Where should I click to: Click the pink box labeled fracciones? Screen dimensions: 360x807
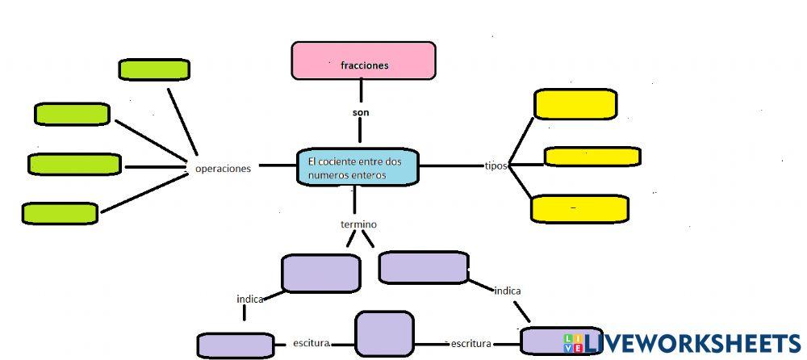[x=363, y=61]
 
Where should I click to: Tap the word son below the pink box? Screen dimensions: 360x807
[x=360, y=112]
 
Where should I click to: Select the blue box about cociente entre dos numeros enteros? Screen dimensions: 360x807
[x=358, y=167]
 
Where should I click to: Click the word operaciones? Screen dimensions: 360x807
[x=223, y=169]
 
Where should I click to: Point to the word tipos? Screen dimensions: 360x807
[x=495, y=165]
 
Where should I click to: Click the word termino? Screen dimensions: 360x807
[x=358, y=224]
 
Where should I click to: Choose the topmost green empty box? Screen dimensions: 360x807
[x=154, y=69]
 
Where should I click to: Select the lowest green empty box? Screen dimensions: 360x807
[x=60, y=213]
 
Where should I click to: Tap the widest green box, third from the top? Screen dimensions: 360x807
[x=74, y=164]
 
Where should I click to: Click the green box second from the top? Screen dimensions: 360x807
[x=72, y=114]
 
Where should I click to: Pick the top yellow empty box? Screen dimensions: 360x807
[x=575, y=104]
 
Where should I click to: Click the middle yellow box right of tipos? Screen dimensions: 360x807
[x=592, y=157]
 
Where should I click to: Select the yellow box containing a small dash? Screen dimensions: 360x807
[x=579, y=208]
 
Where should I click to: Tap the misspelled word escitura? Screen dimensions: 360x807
[x=311, y=343]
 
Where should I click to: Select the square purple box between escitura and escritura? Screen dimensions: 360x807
[x=384, y=334]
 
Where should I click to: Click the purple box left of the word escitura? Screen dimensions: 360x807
[x=236, y=345]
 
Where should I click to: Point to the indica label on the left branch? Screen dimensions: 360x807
[x=250, y=299]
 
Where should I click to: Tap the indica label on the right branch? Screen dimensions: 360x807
[x=508, y=291]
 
